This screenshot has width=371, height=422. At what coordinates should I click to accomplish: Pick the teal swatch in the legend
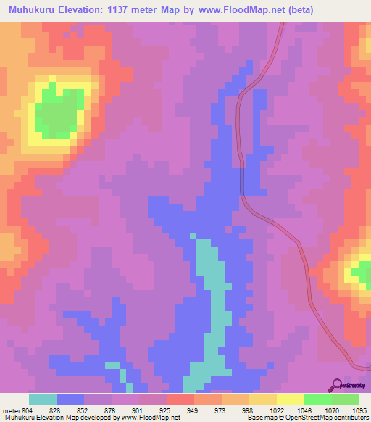43,400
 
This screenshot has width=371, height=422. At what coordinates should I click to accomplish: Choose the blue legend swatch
70,400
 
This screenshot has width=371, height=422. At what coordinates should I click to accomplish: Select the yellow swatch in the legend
291,400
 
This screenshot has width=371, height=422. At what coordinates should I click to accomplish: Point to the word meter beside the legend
10,410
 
